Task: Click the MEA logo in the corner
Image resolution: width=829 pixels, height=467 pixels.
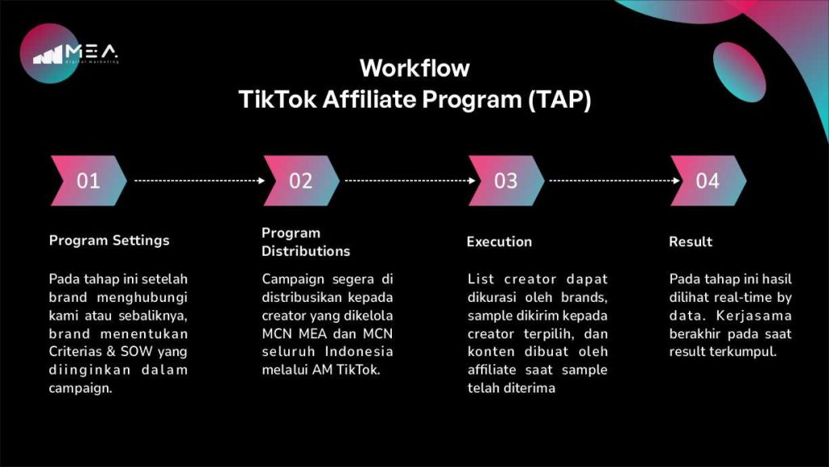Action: click(70, 53)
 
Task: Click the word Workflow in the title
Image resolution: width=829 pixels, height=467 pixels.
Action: click(414, 68)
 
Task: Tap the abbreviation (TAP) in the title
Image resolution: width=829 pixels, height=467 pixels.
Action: click(560, 100)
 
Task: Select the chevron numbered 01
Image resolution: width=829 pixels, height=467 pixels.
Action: click(88, 180)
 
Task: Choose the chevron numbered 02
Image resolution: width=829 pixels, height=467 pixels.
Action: click(301, 180)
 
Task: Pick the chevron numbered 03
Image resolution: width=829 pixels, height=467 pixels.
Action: click(506, 180)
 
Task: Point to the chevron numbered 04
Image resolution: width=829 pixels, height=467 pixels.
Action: click(708, 180)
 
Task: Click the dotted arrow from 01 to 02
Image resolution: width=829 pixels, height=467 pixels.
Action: click(199, 180)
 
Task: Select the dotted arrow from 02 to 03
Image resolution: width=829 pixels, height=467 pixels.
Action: click(410, 180)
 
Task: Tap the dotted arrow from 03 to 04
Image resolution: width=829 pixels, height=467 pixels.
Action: click(614, 180)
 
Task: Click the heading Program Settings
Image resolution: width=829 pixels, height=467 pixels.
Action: click(109, 241)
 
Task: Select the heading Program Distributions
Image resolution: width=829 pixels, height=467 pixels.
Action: click(305, 242)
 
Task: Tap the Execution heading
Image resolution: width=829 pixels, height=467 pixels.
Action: click(499, 241)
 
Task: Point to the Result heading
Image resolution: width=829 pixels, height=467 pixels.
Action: click(691, 241)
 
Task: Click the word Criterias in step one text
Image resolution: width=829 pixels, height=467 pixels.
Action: click(75, 351)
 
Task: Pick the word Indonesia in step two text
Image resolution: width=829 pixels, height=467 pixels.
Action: click(359, 351)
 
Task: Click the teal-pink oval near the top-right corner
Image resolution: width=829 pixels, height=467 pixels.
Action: click(739, 72)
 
